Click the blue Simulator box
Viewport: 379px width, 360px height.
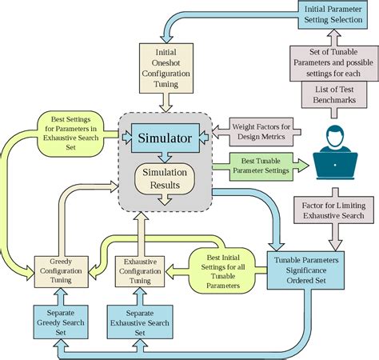coord(165,138)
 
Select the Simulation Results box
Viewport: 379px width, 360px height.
coord(163,179)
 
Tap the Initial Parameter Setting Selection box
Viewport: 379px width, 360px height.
coord(333,14)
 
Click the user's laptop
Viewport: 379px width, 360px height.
coord(334,164)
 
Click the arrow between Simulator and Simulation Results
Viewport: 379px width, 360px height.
coord(164,157)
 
